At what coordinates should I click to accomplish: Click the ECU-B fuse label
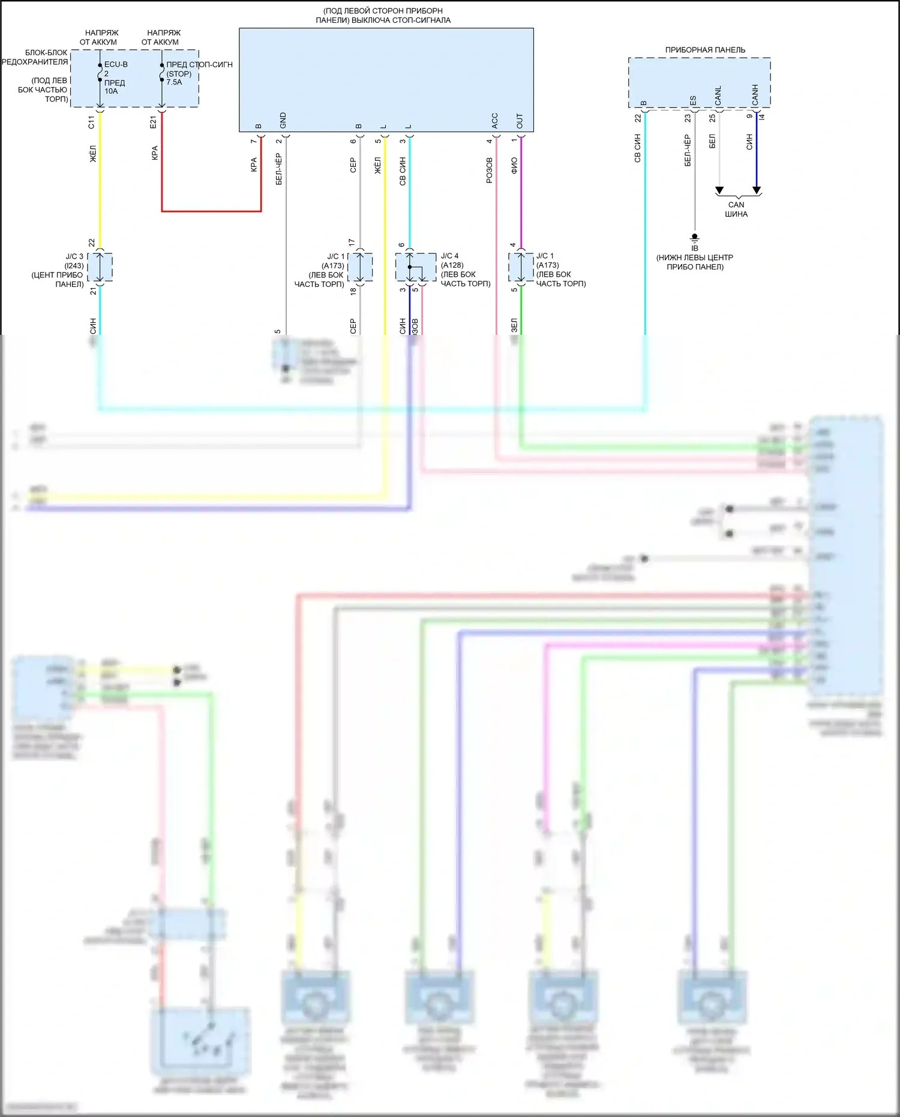[116, 64]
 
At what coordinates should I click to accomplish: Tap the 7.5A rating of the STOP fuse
[174, 82]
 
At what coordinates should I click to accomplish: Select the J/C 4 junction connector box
[415, 267]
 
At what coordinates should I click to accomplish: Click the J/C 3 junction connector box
[100, 267]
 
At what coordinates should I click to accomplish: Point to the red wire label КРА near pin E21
[155, 153]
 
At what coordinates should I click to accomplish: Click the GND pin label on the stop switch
[283, 121]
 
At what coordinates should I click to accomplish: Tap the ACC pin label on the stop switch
[495, 121]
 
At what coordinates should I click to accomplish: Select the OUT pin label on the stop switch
[520, 121]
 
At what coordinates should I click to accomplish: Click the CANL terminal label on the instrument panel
[718, 96]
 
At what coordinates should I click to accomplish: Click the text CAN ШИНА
[736, 209]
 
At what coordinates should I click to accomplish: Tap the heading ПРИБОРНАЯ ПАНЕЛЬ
[705, 50]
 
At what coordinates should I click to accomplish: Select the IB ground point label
[695, 248]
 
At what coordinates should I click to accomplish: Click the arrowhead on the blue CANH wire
[757, 190]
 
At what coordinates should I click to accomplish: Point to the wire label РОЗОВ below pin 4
[490, 170]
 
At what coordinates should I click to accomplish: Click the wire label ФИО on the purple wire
[514, 166]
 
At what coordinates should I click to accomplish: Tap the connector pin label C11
[91, 122]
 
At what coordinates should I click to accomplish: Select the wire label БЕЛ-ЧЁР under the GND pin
[279, 169]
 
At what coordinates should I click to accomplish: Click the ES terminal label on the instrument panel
[693, 100]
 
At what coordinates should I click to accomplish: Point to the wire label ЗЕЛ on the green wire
[514, 325]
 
